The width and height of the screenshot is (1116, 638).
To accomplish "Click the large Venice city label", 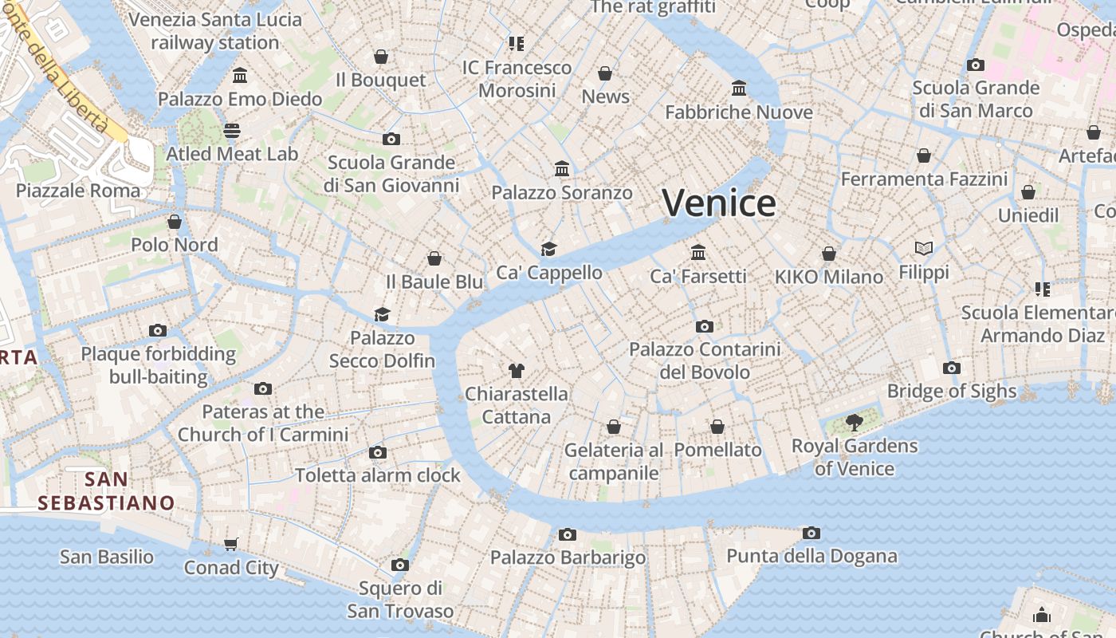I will [x=719, y=203].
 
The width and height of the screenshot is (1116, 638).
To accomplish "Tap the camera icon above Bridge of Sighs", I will [x=951, y=368].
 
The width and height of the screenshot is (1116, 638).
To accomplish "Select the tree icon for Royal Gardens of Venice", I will [x=854, y=422].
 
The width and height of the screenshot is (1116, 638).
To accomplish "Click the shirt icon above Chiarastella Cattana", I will [x=517, y=370].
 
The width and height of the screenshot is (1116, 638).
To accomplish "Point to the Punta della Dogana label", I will [x=811, y=556].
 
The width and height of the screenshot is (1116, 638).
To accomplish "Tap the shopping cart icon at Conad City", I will [x=231, y=544].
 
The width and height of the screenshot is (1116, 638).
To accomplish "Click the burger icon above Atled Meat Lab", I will [x=232, y=130].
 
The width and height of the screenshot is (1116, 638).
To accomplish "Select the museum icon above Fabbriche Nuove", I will [x=739, y=88].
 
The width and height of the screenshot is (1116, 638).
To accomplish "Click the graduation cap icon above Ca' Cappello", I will [x=548, y=249].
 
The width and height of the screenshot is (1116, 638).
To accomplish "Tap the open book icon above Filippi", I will [x=924, y=249].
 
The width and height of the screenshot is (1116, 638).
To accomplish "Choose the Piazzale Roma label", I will [x=78, y=191].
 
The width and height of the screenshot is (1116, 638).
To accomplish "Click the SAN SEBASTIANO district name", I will [x=106, y=491].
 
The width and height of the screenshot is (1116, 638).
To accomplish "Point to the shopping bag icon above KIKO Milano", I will [x=829, y=254].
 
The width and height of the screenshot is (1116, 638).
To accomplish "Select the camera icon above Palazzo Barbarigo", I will [x=568, y=534].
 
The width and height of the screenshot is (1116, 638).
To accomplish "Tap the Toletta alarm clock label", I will [x=378, y=475].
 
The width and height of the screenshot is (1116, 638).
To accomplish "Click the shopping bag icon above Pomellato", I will [x=717, y=427].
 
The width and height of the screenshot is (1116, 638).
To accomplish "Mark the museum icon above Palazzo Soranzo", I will [x=562, y=168].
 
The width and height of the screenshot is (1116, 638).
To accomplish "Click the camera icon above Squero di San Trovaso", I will [x=400, y=565].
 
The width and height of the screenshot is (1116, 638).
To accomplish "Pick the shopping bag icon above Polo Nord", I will [x=175, y=221].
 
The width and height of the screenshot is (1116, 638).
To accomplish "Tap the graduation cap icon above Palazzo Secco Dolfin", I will [x=383, y=314].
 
